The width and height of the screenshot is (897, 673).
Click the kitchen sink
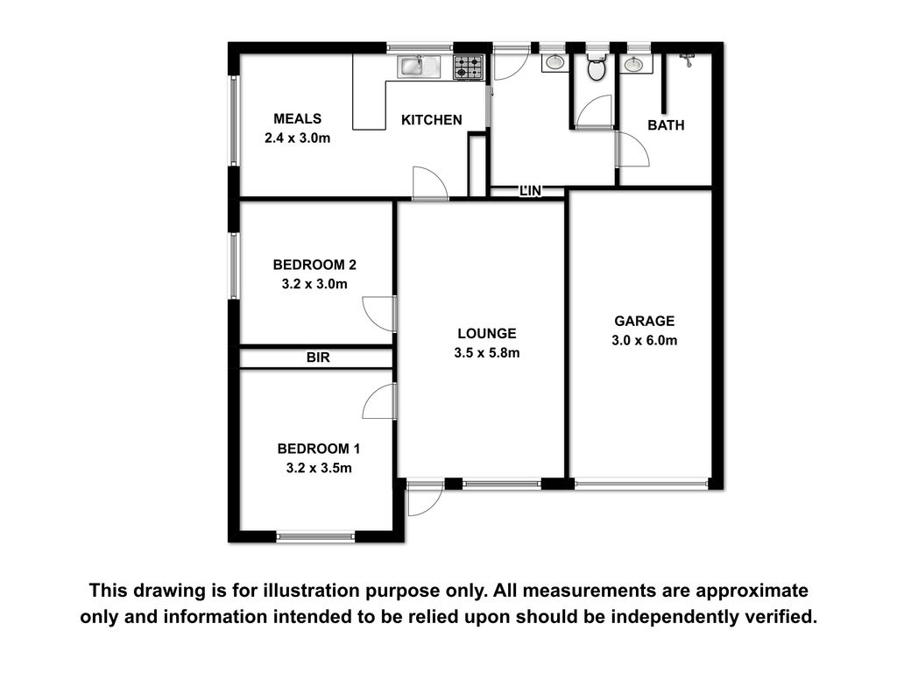(420, 66)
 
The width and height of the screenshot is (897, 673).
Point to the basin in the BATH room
(633, 64)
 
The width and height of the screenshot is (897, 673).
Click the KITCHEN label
(431, 119)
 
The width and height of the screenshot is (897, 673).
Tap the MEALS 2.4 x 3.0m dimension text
(298, 138)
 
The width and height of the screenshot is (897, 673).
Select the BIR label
(318, 358)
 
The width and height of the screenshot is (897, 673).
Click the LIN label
(530, 190)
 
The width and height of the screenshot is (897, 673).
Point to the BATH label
(666, 124)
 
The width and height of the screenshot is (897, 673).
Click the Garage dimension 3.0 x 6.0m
(644, 341)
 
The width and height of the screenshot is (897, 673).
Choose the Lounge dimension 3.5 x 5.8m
(487, 353)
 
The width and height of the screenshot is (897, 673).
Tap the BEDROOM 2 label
(314, 265)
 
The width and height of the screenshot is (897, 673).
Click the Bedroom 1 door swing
(378, 401)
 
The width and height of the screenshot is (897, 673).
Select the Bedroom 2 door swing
(378, 314)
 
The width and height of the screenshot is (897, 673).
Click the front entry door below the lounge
(425, 499)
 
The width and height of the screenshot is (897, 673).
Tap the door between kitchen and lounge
(429, 183)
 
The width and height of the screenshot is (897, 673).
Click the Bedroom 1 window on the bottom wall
(315, 537)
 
